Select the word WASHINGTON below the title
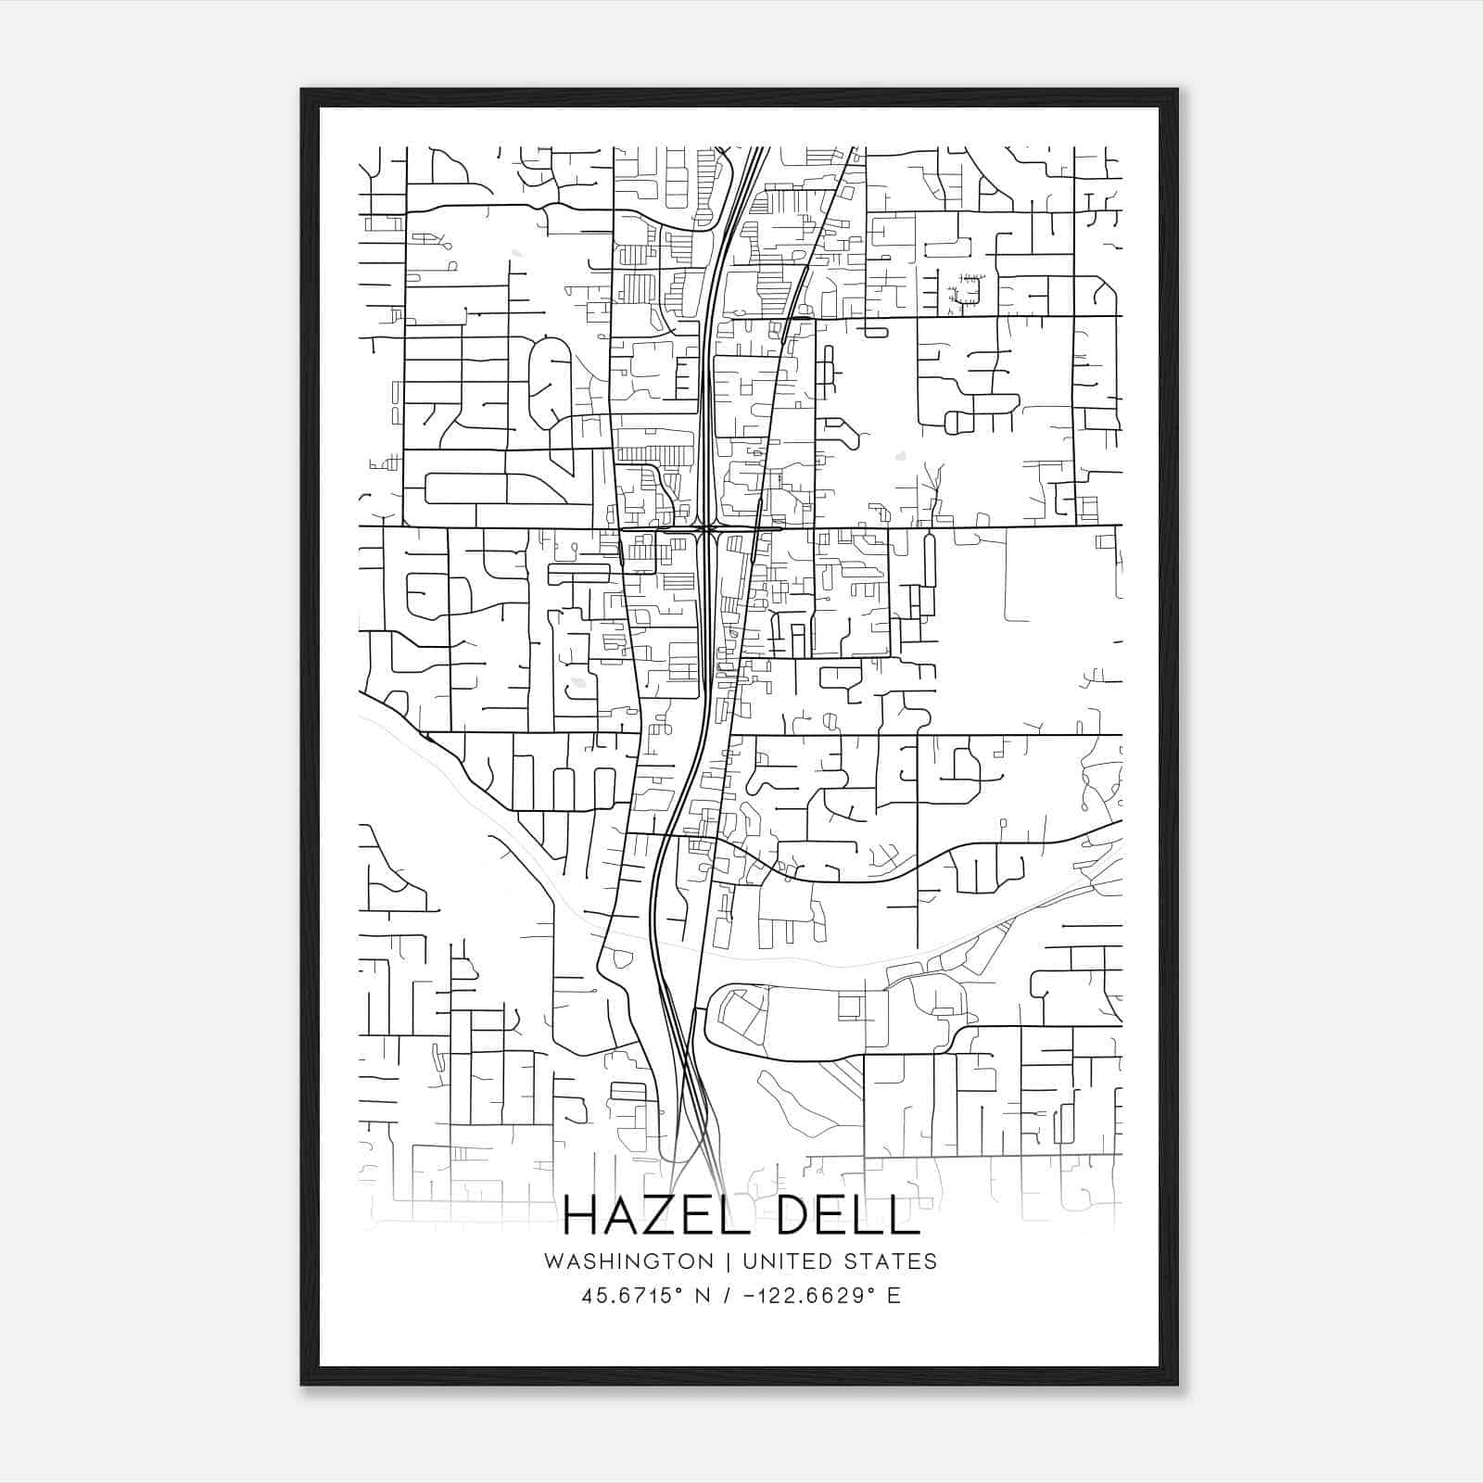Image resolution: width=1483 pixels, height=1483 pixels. pyautogui.click(x=629, y=1261)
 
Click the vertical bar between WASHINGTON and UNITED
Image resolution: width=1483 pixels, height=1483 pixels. pyautogui.click(x=729, y=1261)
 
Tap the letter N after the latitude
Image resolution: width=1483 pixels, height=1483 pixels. pyautogui.click(x=702, y=1296)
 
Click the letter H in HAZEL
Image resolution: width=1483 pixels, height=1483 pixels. pyautogui.click(x=581, y=1216)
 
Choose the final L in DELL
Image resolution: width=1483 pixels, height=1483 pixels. pyautogui.click(x=905, y=1216)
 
